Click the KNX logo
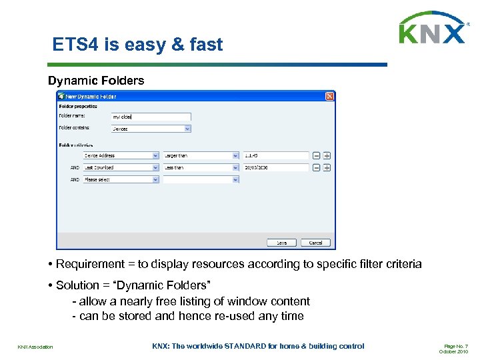(432, 29)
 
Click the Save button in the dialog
(281, 243)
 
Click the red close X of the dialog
(329, 97)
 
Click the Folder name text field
(151, 117)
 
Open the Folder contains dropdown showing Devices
(151, 129)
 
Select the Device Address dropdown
(121, 155)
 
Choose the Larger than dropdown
(201, 155)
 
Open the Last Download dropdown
(121, 167)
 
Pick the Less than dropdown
(201, 167)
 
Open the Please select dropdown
(121, 179)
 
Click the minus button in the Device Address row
(317, 155)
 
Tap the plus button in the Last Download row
(327, 167)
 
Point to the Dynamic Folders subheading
(96, 81)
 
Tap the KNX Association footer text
(35, 347)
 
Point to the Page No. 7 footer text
(457, 346)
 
